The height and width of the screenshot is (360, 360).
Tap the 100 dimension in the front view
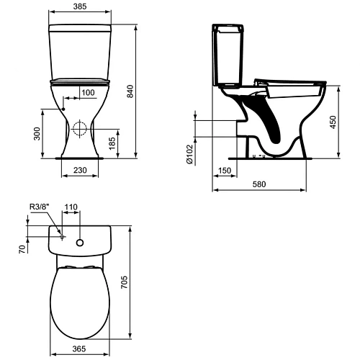88,93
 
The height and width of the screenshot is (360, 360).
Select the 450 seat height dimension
333,122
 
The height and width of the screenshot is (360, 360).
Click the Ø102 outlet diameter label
189,154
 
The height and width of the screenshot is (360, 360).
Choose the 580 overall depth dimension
259,184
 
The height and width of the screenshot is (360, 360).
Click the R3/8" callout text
39,207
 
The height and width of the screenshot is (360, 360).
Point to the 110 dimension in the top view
71,207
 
